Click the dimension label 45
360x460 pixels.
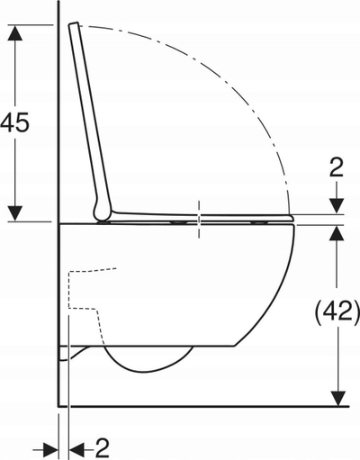tap(14, 122)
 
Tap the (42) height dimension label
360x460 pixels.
tap(337, 311)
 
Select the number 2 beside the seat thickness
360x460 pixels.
tap(336, 168)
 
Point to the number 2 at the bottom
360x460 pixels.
tap(103, 449)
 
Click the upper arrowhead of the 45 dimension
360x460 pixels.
tap(14, 32)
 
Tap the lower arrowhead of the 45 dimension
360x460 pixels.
tap(14, 213)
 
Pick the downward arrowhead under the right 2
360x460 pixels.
tap(337, 206)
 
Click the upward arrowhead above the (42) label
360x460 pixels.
tap(337, 233)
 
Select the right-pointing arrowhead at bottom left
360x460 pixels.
tap(51, 450)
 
